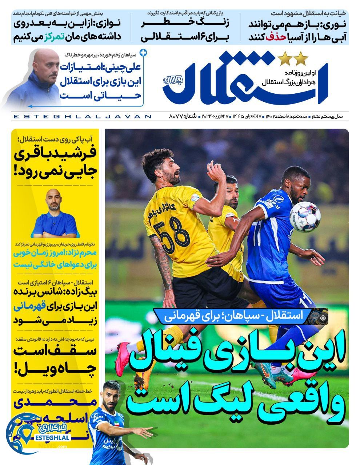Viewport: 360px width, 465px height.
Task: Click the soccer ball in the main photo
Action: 304,217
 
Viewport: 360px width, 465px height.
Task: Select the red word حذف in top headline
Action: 274,37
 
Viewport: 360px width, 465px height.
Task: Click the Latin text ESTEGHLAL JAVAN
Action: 82,117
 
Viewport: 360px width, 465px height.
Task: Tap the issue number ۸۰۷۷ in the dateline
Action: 179,117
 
